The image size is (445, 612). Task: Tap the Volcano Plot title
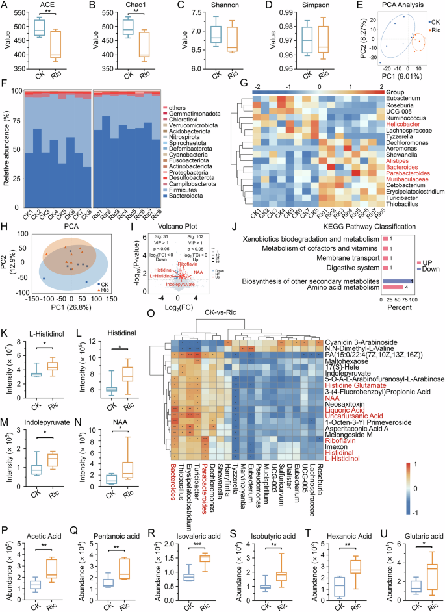coord(177,210)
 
